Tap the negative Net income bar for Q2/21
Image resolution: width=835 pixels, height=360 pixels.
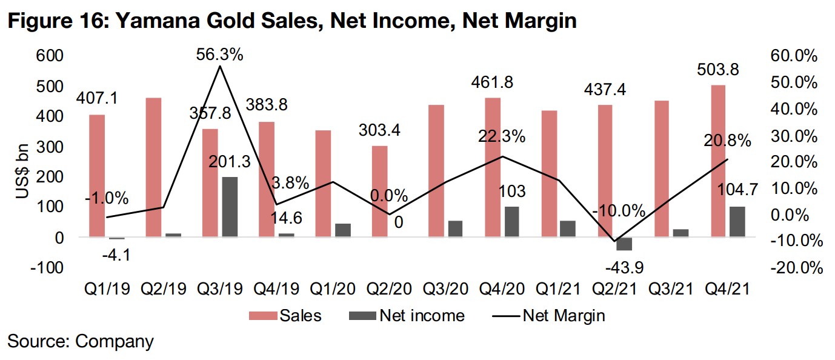[624, 244]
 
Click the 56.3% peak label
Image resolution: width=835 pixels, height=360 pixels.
[219, 55]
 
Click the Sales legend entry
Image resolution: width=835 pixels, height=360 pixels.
[284, 316]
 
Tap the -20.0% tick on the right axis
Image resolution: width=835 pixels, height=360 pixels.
[794, 267]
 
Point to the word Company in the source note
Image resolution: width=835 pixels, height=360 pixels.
[115, 341]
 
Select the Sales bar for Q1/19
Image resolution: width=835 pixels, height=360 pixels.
[97, 176]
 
